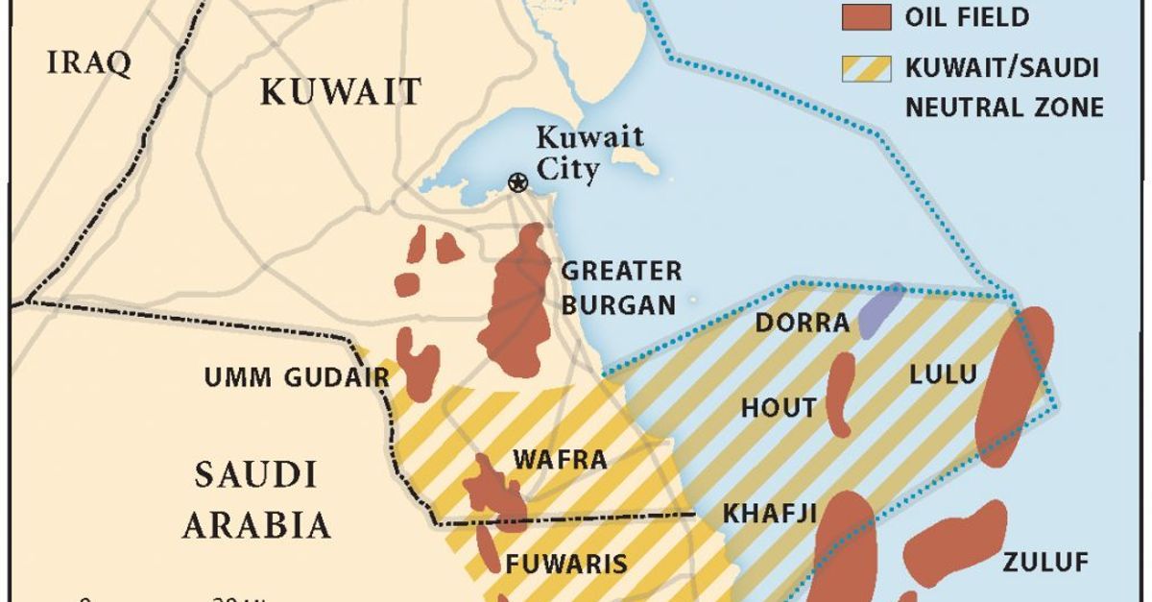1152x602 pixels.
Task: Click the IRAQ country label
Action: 88,64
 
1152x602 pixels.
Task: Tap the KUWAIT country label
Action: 341,92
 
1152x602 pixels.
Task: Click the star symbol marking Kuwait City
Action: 518,182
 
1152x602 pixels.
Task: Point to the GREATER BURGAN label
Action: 620,288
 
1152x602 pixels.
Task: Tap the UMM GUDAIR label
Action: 297,377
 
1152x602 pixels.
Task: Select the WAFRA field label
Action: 560,459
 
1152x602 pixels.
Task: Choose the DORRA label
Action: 802,323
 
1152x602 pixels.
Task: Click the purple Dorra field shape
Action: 880,311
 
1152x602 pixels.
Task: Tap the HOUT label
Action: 779,408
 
